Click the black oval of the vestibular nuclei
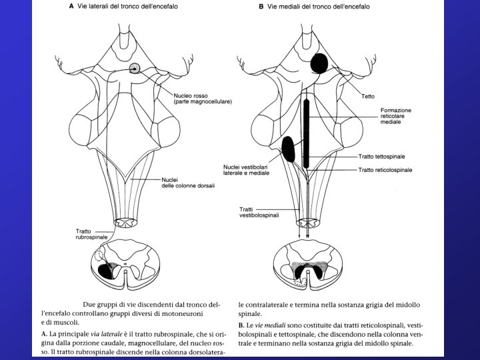point(289,148)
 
